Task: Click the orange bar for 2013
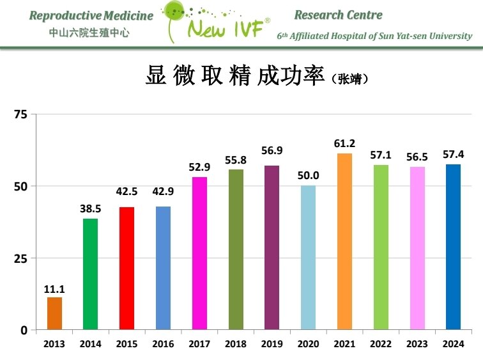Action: (54, 313)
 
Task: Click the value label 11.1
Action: (54, 289)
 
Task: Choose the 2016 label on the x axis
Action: (163, 344)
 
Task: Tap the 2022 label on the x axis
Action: (381, 344)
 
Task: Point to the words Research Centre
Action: (338, 15)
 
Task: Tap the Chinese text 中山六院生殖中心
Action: (89, 32)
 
